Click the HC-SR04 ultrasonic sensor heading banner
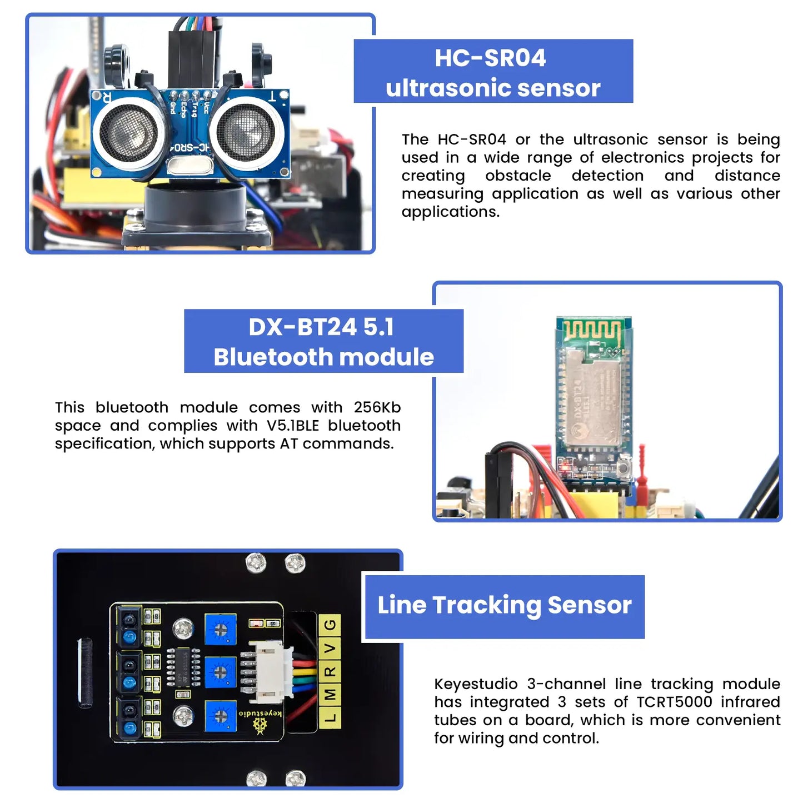tap(493, 72)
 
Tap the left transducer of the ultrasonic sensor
tap(128, 133)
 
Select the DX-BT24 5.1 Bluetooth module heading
tap(323, 341)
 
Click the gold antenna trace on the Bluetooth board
tap(592, 332)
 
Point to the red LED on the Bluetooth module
tap(566, 467)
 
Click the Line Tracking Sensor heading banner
tap(504, 606)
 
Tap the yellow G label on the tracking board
tap(330, 625)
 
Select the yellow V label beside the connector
tap(330, 649)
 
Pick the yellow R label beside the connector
tap(330, 671)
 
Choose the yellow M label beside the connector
tap(330, 695)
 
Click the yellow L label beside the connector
tap(330, 717)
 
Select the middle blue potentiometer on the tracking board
tap(220, 672)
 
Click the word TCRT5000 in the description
tap(674, 702)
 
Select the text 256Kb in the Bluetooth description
tap(377, 408)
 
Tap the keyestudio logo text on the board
tap(260, 713)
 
